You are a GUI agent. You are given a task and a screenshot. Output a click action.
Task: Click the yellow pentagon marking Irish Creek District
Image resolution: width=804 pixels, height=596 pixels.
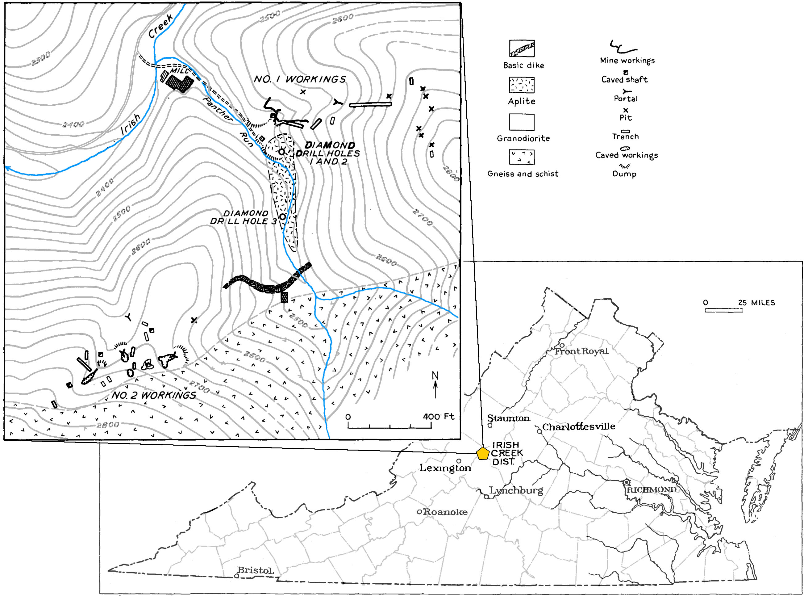coord(482,454)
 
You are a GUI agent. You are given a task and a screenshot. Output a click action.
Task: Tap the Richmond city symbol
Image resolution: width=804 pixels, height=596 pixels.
coord(627,482)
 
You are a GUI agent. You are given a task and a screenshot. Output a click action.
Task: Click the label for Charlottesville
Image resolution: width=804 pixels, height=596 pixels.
coord(579,427)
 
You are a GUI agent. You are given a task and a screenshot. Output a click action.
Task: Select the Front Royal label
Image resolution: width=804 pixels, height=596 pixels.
coord(581,351)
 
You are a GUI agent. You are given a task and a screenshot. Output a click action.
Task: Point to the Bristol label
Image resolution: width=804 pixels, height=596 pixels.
coord(255,570)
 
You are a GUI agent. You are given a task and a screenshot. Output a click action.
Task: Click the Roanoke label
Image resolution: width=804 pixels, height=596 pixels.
coord(445,512)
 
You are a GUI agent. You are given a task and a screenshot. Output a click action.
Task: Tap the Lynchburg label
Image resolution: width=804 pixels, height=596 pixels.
coord(516,490)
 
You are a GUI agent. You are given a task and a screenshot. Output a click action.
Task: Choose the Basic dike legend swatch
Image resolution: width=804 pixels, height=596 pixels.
coord(522,48)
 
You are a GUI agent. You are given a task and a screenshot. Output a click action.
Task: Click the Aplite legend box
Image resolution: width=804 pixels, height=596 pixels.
coord(522,85)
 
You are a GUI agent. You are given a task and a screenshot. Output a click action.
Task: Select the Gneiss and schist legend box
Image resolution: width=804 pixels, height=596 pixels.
coord(522,157)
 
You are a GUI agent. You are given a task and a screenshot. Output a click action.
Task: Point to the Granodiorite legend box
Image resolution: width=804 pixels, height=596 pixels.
coord(522,122)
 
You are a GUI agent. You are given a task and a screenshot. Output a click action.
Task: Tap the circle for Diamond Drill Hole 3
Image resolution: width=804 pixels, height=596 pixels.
coord(282,216)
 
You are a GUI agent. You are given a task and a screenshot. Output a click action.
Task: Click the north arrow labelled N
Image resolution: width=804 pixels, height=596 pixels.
coord(435,384)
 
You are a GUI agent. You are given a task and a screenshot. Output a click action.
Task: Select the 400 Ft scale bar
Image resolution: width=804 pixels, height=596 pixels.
coord(390,426)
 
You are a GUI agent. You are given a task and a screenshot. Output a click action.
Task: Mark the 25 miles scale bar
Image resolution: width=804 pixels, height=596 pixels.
coord(723,310)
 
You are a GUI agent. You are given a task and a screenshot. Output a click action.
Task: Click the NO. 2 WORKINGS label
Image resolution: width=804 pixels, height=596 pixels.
coord(154,395)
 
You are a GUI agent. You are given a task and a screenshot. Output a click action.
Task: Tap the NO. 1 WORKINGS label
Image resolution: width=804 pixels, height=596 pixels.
coord(300,79)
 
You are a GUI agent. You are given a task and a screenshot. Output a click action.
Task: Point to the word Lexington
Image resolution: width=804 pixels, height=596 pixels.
coord(445,468)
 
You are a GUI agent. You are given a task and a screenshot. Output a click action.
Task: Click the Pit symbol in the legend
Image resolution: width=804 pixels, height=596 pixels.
coord(626,110)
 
